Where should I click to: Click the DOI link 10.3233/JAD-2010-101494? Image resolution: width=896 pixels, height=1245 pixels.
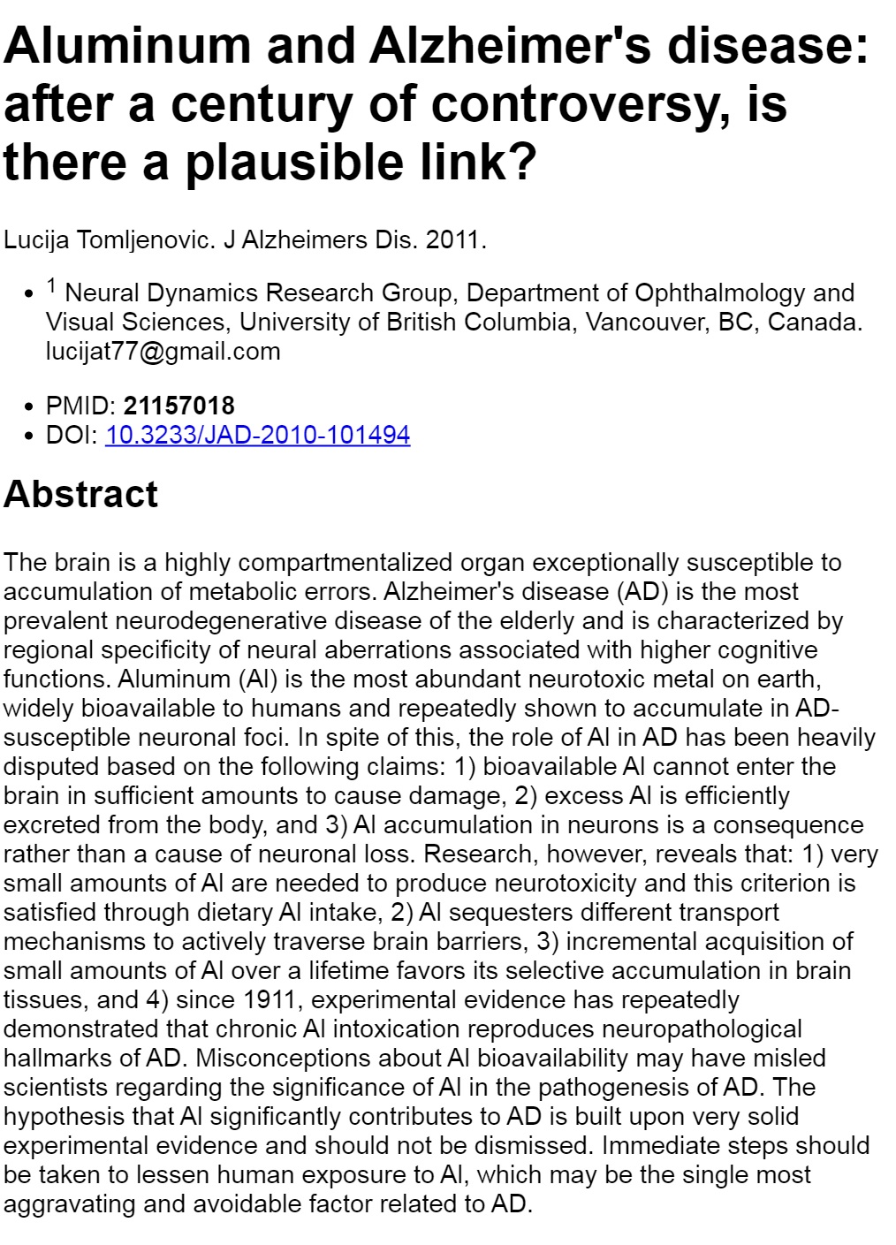click(257, 435)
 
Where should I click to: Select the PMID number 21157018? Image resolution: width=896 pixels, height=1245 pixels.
click(178, 406)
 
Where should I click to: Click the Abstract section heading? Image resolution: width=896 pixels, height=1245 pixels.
click(80, 494)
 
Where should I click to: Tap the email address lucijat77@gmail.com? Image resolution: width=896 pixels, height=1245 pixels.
click(163, 351)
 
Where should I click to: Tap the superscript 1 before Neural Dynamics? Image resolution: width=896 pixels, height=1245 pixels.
click(52, 285)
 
